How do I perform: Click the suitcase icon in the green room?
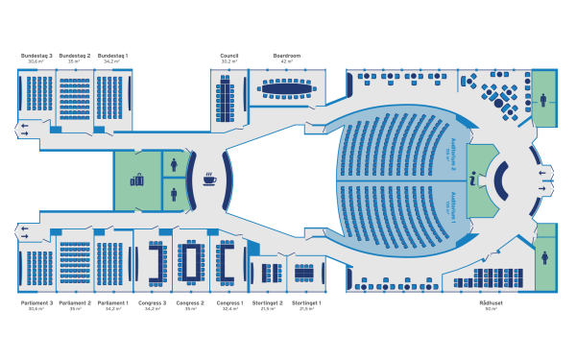pyautogui.click(x=136, y=179)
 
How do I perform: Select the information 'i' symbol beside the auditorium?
pyautogui.click(x=472, y=179)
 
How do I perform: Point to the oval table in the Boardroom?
pyautogui.click(x=287, y=89)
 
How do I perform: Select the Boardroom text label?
pyautogui.click(x=287, y=56)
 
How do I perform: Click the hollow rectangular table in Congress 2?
pyautogui.click(x=191, y=260)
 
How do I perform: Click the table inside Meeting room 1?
pyautogui.click(x=306, y=271)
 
